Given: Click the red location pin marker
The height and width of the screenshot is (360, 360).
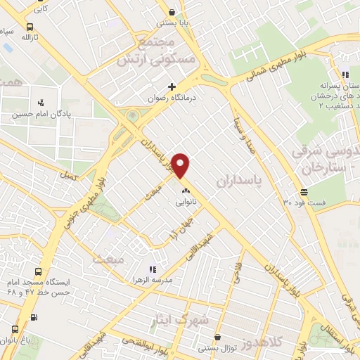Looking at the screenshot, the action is click(x=181, y=165).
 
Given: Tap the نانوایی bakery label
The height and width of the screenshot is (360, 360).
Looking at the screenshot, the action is click(x=186, y=200).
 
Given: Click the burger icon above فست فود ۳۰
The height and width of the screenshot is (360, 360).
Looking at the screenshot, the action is click(x=304, y=191).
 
